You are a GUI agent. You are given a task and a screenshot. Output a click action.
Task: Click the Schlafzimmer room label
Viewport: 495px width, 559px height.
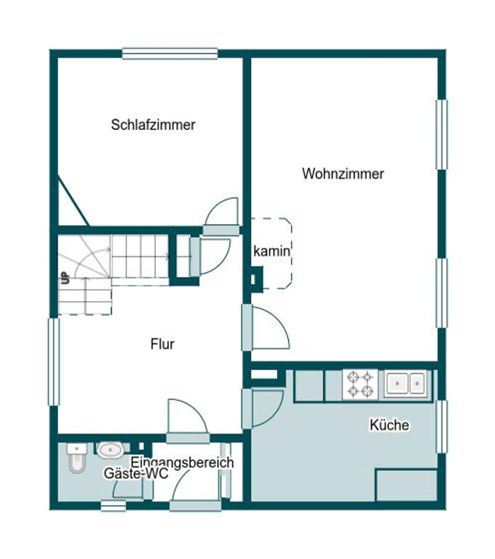[x=153, y=125]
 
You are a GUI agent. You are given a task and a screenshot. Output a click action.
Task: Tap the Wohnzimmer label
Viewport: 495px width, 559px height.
[x=343, y=174]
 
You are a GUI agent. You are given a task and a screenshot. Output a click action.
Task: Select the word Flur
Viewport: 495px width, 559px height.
[x=163, y=344]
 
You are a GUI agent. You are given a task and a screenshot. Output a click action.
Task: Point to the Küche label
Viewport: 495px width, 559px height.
[x=389, y=425]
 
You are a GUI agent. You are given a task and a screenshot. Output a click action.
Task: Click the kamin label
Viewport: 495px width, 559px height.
[x=271, y=252]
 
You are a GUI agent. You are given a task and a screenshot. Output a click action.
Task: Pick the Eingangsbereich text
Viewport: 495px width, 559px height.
[x=182, y=462]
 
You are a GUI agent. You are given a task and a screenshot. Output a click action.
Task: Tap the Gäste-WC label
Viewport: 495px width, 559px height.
[x=136, y=473]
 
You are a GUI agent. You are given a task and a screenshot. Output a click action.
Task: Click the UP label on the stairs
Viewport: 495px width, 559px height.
[x=66, y=278]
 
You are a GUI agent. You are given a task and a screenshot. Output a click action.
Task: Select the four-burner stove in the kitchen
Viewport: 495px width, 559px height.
[x=360, y=384]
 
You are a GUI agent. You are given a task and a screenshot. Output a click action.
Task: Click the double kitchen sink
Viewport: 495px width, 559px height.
[x=405, y=383]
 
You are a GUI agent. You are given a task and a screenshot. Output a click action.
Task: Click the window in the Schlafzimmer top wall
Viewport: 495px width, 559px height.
[x=170, y=54]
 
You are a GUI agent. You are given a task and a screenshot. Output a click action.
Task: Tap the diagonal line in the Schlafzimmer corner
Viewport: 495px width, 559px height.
[x=73, y=201]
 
